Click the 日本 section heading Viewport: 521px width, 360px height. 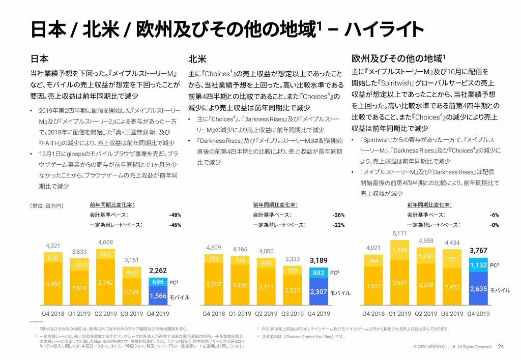pos(40,57)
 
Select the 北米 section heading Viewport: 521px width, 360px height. pos(197,57)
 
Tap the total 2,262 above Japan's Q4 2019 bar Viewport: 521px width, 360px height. pos(158,271)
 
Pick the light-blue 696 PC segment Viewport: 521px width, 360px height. pos(158,282)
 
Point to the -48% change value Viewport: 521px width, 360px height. pos(175,215)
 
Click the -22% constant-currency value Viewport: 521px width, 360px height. pos(338,224)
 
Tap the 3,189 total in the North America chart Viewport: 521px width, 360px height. pos(319,260)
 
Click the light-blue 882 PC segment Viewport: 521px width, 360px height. pos(319,273)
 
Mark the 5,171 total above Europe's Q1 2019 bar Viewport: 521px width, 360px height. pos(400,233)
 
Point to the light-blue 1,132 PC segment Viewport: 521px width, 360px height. pos(478,265)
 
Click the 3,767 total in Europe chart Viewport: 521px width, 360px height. pos(478,250)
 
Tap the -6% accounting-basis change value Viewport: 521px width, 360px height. pos(494,215)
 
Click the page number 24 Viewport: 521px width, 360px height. pos(501,347)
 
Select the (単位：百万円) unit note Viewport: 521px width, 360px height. pos(46,205)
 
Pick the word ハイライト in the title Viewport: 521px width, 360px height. pos(385,29)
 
